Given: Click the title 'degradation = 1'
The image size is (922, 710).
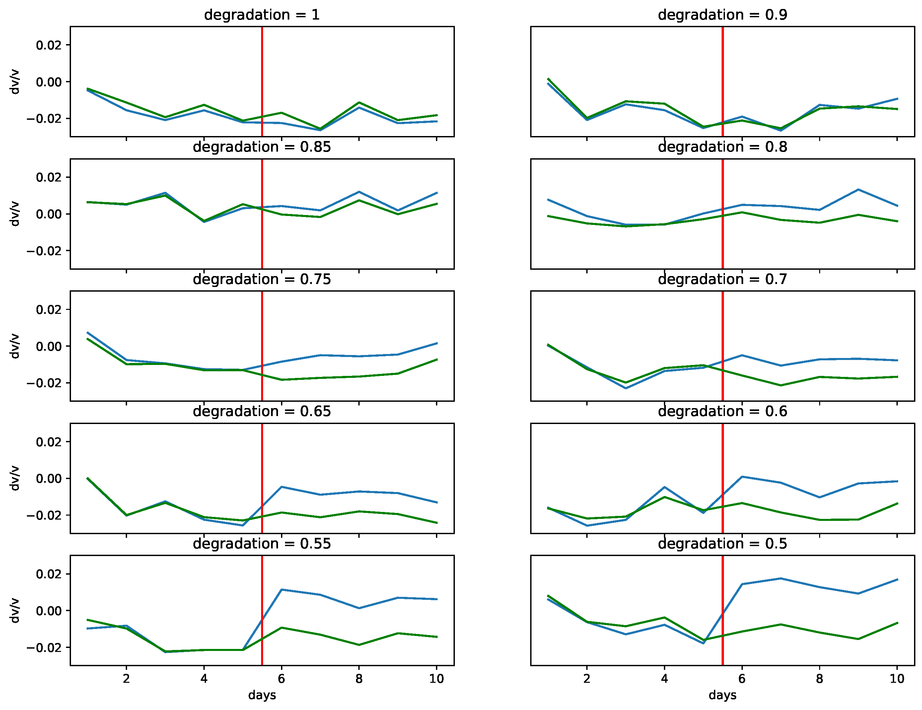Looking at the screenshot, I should [x=262, y=15].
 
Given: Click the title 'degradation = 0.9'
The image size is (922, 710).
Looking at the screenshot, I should [x=722, y=15].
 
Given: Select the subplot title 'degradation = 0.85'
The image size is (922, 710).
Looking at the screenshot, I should [x=262, y=147].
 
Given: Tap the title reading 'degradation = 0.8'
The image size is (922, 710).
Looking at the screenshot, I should [x=722, y=147].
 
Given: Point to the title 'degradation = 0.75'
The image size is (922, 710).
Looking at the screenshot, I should [x=262, y=279].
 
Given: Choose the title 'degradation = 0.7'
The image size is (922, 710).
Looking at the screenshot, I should [x=722, y=279].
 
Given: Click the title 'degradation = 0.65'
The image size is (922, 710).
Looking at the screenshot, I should [x=262, y=411].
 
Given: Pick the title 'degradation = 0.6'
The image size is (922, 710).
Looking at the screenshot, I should [x=722, y=411].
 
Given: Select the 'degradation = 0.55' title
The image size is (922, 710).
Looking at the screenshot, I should [x=262, y=544].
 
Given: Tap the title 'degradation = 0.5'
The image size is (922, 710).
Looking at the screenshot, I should [x=722, y=544].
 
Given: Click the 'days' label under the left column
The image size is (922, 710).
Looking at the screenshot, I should [x=262, y=695].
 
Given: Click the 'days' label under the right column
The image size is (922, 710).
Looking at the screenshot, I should [x=722, y=695].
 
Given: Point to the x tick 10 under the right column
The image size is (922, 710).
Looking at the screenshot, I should [x=897, y=679].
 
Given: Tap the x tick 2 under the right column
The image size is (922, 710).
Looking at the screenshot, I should [x=587, y=679].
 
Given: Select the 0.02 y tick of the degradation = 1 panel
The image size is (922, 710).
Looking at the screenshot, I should [x=48, y=45].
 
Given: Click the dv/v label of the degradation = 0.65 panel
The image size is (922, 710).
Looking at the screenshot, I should [x=15, y=478].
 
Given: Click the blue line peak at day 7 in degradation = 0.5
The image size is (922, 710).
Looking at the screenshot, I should [x=781, y=578].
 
